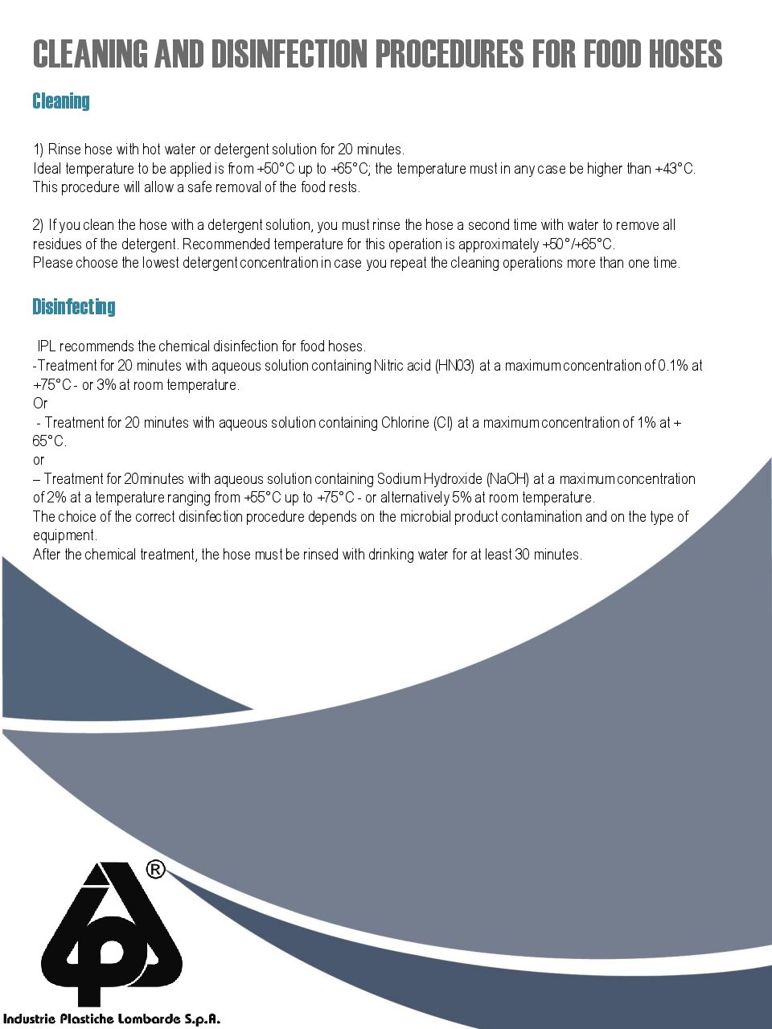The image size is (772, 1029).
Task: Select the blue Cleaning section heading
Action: tap(60, 101)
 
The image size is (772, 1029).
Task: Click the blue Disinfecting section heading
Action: tap(73, 306)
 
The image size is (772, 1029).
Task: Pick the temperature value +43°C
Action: tap(674, 169)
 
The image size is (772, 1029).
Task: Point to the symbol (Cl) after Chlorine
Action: tap(443, 423)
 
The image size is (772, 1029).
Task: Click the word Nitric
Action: tap(391, 366)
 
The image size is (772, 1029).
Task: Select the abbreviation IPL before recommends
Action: tap(47, 346)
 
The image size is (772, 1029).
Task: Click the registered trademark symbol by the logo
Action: tap(156, 869)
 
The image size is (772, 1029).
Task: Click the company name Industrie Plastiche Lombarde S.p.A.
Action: tap(111, 1019)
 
